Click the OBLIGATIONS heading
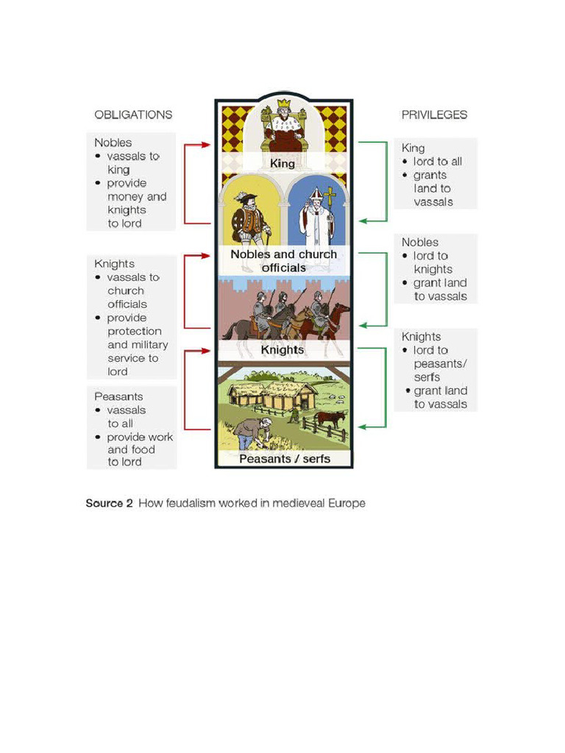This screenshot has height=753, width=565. click(x=133, y=115)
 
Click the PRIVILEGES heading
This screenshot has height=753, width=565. click(x=434, y=115)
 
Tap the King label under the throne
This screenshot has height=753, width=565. click(x=282, y=163)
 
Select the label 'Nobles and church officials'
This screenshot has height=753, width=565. click(x=283, y=261)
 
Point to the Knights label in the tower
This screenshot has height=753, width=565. click(x=282, y=350)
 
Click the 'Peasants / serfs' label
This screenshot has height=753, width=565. click(x=285, y=459)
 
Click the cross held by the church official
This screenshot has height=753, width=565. click(x=330, y=196)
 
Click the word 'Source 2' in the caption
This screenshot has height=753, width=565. click(x=109, y=504)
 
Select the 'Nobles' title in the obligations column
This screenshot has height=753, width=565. click(x=113, y=143)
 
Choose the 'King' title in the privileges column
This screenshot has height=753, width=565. click(x=413, y=148)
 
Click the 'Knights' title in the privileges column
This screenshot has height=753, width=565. click(x=421, y=337)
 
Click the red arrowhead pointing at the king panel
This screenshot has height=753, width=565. click(x=208, y=145)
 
